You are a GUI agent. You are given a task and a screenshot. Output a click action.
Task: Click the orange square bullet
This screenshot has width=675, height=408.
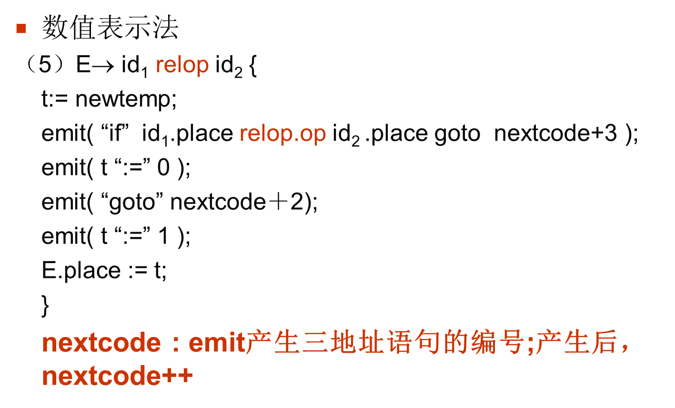pyautogui.click(x=20, y=29)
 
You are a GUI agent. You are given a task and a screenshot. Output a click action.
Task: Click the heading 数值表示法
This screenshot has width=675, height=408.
pyautogui.click(x=110, y=28)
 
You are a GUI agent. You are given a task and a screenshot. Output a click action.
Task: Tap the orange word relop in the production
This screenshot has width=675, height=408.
pyautogui.click(x=182, y=65)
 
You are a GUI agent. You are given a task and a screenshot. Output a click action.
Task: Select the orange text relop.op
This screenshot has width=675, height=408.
pyautogui.click(x=282, y=134)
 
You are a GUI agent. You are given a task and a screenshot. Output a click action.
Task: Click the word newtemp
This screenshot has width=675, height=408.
pyautogui.click(x=125, y=100)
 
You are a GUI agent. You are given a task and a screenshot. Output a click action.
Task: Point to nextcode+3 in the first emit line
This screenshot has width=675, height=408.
pyautogui.click(x=555, y=134)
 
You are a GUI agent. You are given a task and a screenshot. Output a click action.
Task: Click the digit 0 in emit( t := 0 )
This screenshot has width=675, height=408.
pyautogui.click(x=163, y=168)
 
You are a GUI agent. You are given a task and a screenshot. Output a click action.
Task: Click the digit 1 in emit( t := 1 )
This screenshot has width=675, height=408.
pyautogui.click(x=163, y=236)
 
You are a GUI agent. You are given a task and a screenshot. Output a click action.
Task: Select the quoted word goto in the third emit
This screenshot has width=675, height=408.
pyautogui.click(x=131, y=202)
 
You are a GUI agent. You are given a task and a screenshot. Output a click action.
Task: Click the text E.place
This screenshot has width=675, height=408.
pyautogui.click(x=81, y=270)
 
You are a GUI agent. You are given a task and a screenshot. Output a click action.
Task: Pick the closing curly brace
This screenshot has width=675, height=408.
pyautogui.click(x=45, y=306)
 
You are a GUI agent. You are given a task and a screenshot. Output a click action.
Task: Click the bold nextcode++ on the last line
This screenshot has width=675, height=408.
pyautogui.click(x=117, y=377)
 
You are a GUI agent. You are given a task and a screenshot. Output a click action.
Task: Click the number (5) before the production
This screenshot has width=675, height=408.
pyautogui.click(x=45, y=65)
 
